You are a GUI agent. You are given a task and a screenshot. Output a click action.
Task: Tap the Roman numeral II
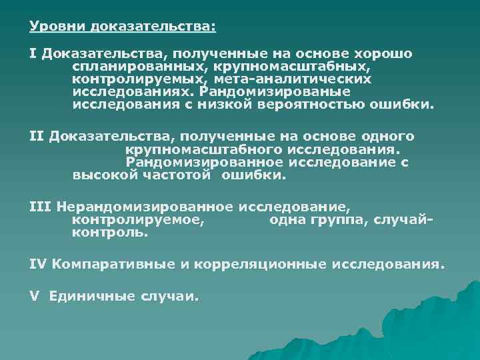tap(36, 137)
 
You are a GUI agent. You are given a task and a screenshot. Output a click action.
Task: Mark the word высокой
tap(103, 175)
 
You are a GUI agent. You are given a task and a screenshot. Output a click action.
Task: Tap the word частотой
tap(177, 175)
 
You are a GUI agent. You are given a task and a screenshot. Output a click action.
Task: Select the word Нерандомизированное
tap(144, 207)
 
